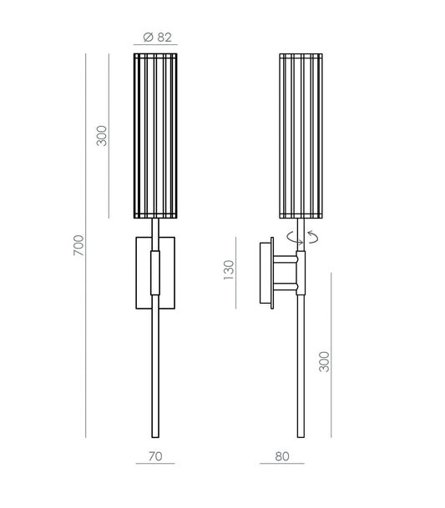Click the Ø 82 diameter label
pos(155,37)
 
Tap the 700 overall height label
pos(78,244)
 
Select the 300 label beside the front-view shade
pos(102,136)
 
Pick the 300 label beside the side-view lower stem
pos(325,360)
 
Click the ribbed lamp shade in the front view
pos(155,136)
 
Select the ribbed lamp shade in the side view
pos(301,136)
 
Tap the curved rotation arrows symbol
pos(301,236)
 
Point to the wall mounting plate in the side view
pos(267,272)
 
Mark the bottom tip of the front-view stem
pos(155,435)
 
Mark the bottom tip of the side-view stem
pos(301,435)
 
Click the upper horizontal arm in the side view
pos(284,260)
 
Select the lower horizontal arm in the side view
pos(284,287)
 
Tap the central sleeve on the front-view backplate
pos(154,274)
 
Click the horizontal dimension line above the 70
pos(155,463)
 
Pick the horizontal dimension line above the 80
pos(281,463)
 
